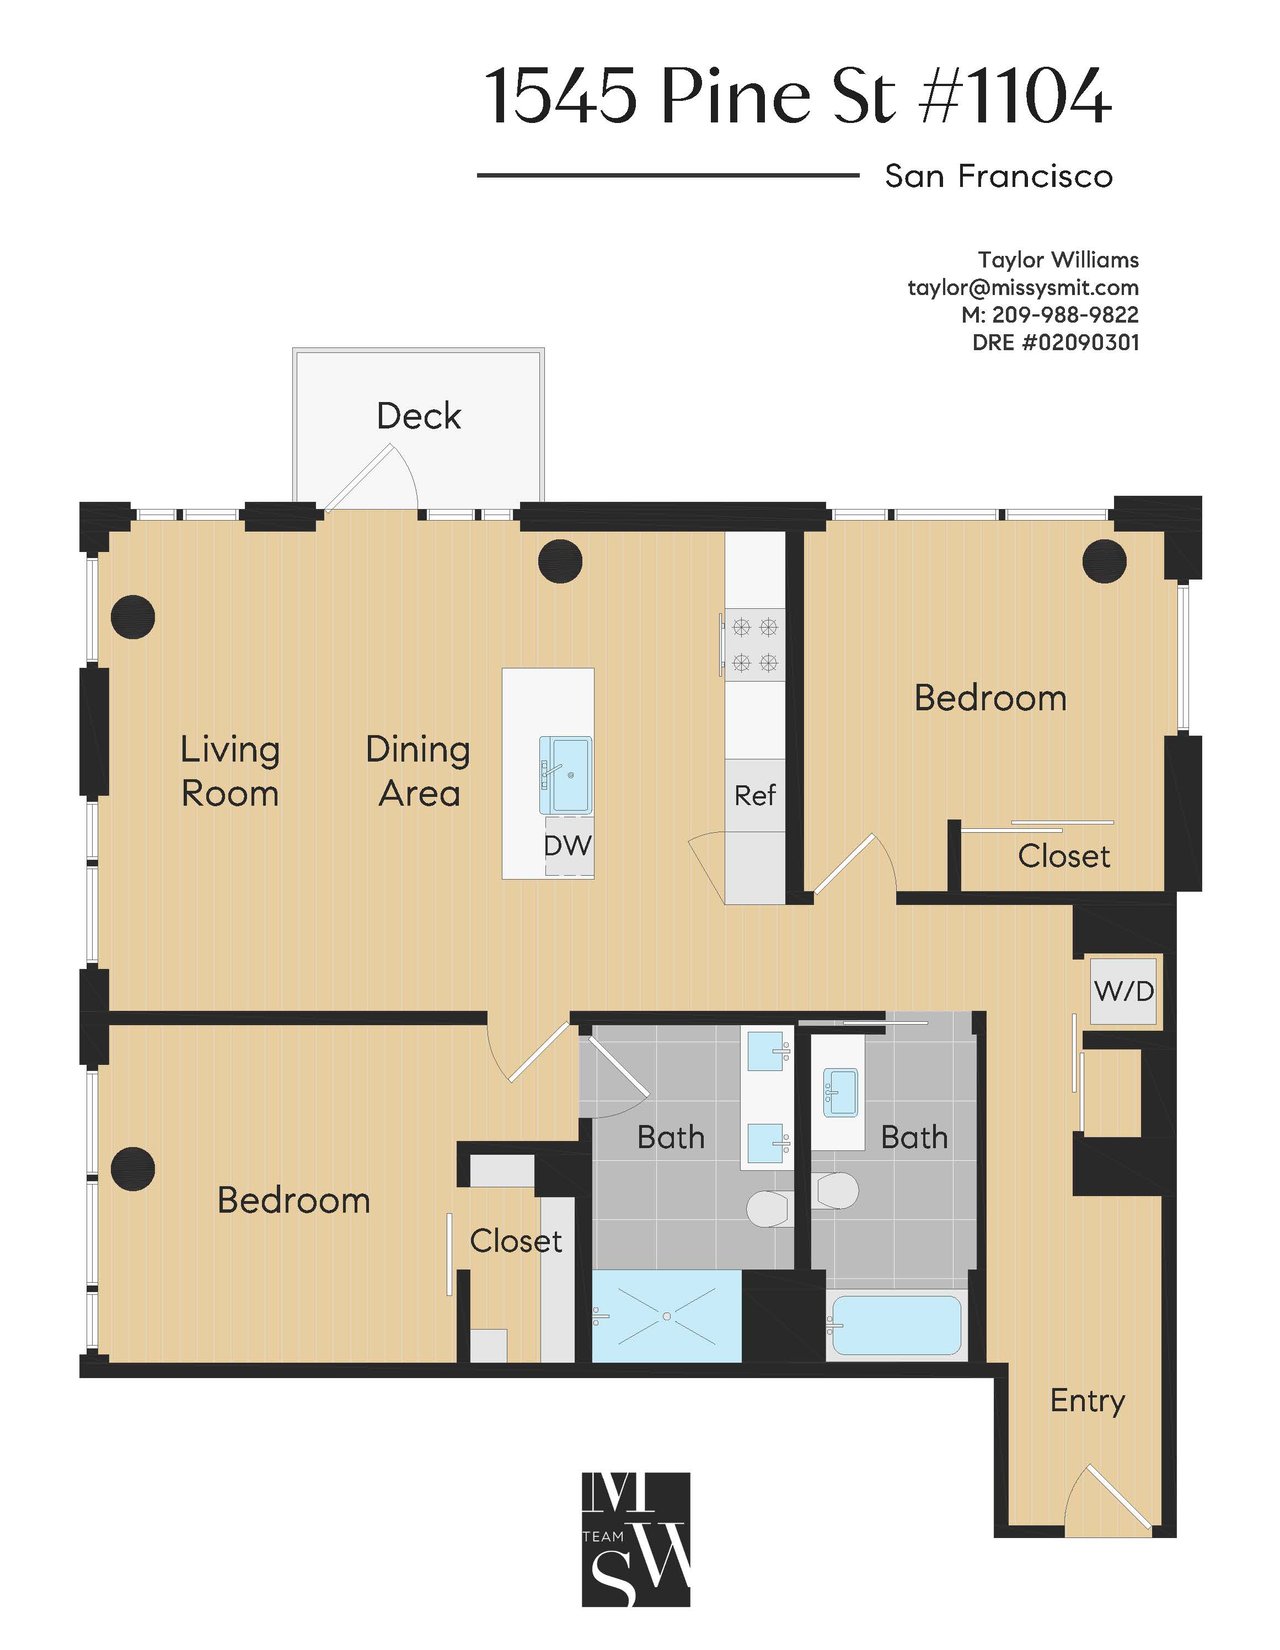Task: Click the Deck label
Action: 418,416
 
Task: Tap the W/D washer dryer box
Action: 1124,990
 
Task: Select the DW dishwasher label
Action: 567,845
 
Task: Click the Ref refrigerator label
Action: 755,795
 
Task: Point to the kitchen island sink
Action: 566,775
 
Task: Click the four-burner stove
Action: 753,644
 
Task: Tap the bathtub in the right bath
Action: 897,1326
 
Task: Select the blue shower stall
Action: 666,1316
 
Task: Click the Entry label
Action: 1087,1400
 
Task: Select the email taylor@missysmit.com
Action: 1023,288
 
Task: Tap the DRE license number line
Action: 1055,342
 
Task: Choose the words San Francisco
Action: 998,176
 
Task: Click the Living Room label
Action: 230,771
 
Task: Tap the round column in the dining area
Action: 560,561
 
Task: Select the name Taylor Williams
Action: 1058,260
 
